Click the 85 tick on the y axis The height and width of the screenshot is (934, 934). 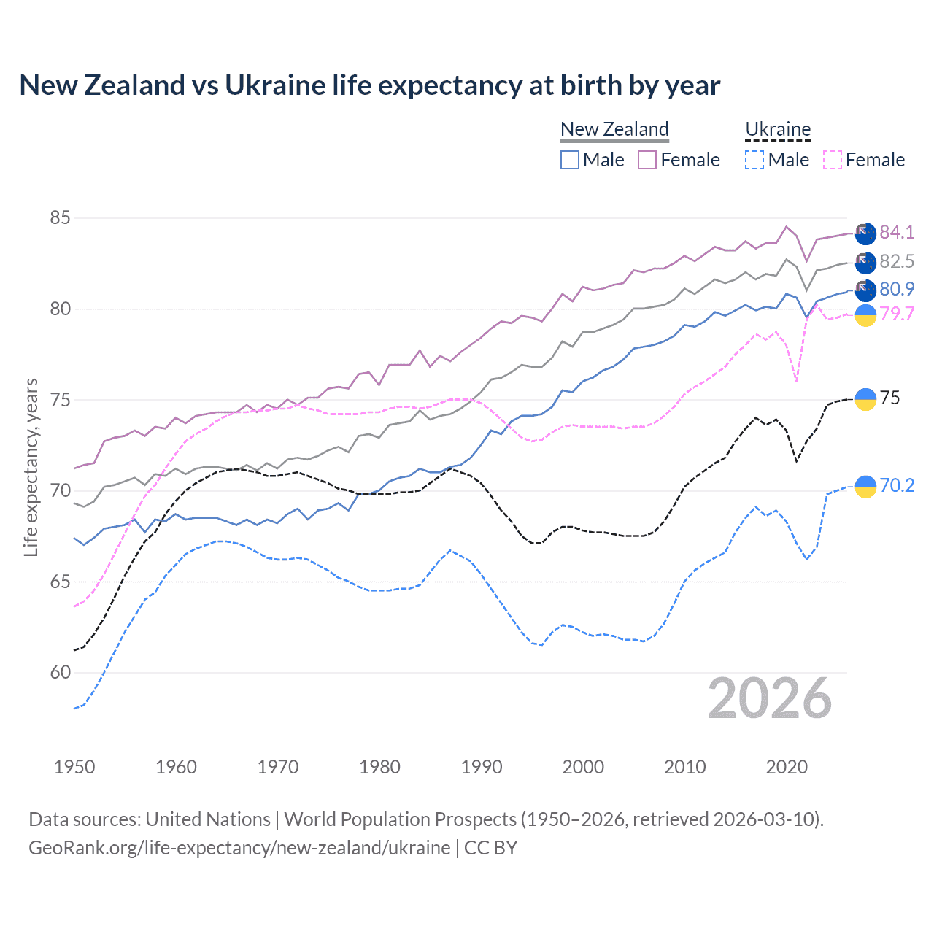[60, 218]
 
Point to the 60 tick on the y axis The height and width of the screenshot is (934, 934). [60, 673]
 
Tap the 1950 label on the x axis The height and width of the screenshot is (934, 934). [74, 767]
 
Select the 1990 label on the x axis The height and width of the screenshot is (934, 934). [482, 767]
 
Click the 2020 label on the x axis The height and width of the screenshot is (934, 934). [787, 767]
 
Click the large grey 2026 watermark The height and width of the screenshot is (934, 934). [770, 699]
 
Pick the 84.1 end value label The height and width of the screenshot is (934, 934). [897, 232]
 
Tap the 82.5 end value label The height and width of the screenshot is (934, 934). [897, 261]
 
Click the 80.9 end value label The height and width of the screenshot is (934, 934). [897, 289]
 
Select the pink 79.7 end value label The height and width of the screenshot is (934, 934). [897, 314]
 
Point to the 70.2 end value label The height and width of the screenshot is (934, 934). [897, 485]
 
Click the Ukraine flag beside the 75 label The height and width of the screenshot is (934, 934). [865, 399]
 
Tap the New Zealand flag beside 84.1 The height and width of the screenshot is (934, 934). [865, 233]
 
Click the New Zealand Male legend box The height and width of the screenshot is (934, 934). [570, 160]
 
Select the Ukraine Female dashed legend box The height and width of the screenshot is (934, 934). [833, 160]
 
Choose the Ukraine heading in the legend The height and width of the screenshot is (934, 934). [778, 130]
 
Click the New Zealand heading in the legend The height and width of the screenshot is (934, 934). [614, 129]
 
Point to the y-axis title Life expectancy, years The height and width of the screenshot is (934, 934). [31, 467]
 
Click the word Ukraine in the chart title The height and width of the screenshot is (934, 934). [275, 85]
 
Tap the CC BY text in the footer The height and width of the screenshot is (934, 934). [490, 848]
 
